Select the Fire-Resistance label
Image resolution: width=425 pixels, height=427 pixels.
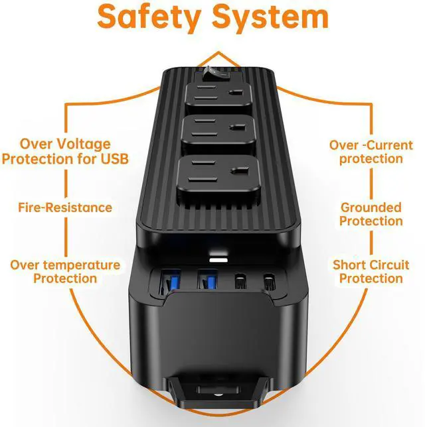(65, 208)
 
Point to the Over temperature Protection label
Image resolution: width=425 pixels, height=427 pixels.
(65, 272)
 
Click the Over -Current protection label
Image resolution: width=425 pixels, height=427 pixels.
(371, 152)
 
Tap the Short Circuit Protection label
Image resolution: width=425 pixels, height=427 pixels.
(371, 272)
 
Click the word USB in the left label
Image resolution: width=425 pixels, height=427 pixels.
(114, 159)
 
